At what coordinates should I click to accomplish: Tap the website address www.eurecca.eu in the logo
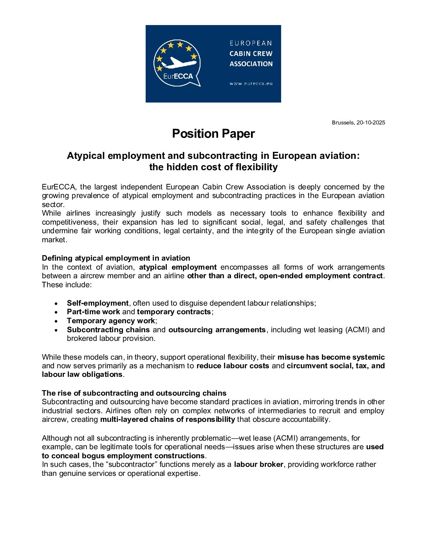(251, 83)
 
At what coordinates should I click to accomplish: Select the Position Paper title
(213, 134)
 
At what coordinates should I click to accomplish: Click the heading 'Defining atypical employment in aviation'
(116, 258)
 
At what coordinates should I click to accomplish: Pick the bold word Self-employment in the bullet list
(97, 303)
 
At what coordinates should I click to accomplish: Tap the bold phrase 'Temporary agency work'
(111, 321)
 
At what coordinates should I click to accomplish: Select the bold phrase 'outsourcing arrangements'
(217, 330)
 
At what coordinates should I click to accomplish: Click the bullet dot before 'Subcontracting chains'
(57, 330)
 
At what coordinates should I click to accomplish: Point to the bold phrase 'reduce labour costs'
(233, 366)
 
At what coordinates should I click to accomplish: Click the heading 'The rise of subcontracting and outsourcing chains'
(134, 393)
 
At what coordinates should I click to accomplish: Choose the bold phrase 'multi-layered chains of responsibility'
(168, 420)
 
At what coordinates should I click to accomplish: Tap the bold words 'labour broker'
(258, 465)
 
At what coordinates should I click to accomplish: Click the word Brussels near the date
(343, 122)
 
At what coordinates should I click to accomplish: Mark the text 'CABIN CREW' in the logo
(251, 54)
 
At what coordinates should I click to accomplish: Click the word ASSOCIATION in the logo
(251, 64)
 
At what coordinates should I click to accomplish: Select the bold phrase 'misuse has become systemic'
(331, 357)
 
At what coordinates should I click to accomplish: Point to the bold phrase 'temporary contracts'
(174, 312)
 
